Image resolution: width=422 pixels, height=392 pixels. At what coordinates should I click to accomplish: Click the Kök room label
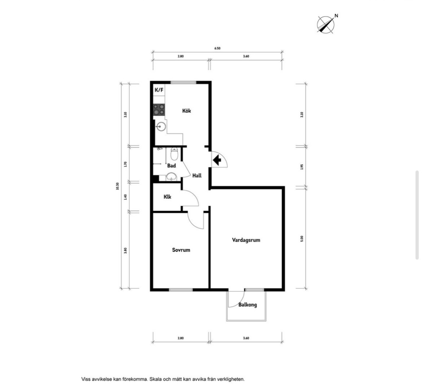186,111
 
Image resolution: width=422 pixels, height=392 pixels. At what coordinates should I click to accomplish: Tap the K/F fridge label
159,89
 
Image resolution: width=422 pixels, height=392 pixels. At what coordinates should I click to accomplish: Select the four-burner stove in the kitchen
159,110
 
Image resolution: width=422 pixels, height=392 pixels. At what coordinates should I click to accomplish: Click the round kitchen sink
161,126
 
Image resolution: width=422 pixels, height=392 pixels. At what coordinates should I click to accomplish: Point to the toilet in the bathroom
174,154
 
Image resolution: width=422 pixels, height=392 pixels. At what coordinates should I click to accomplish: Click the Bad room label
171,166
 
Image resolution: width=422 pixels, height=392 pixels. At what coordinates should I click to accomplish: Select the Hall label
197,175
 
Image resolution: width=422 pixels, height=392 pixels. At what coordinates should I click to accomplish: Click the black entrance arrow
217,160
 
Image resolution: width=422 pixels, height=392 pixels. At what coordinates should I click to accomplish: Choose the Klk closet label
168,197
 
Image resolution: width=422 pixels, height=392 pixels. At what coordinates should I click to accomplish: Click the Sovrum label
181,250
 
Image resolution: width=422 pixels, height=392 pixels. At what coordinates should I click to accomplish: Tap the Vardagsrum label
246,240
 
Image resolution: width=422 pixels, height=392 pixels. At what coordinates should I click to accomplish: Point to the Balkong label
248,305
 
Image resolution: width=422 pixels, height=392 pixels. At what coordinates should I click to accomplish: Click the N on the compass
336,16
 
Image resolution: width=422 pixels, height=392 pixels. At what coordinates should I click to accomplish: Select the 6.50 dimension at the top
217,48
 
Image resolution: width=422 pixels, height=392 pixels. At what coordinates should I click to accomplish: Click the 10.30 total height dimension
117,186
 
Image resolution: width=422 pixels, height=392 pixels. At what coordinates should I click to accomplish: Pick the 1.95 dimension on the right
302,167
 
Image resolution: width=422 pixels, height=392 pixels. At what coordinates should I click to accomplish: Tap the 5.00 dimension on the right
302,238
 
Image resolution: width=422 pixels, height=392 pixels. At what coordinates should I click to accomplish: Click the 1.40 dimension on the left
125,197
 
